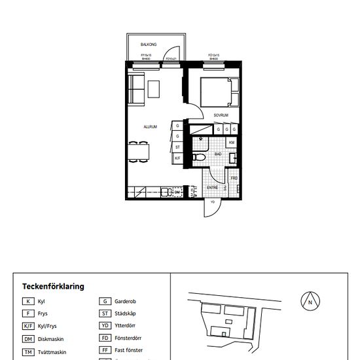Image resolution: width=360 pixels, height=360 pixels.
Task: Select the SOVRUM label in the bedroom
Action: [221, 115]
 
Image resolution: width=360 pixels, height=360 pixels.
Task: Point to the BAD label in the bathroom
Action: [219, 154]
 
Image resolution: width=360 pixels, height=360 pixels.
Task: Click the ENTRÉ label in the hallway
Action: [212, 188]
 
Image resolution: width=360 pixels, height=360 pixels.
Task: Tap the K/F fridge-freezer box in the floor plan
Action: [177, 158]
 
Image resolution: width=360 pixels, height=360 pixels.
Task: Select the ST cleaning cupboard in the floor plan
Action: [177, 147]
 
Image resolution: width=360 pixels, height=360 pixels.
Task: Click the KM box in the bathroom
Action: [232, 143]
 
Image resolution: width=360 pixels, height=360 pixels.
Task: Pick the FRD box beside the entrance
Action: [234, 178]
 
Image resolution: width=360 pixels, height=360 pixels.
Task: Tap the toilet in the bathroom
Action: [200, 158]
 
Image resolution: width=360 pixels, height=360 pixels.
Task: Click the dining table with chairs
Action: [139, 151]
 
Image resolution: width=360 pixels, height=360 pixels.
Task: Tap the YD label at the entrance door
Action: [212, 202]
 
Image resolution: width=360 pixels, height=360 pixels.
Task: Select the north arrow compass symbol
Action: [310, 302]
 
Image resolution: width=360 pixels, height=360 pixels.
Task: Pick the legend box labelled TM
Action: [28, 352]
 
